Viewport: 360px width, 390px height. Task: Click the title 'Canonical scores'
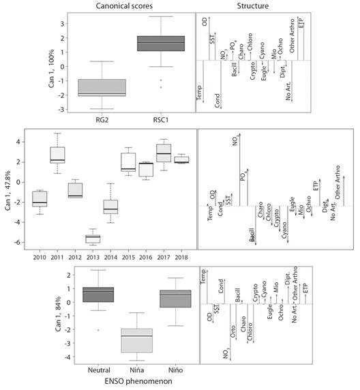point(132,7)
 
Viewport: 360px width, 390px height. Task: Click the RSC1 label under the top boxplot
point(162,123)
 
